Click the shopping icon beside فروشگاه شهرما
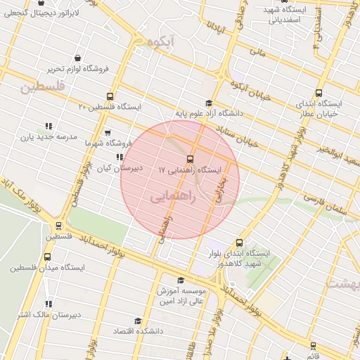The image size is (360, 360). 107,131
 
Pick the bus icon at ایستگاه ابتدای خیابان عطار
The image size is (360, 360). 319,93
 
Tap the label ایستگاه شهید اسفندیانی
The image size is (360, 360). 275,15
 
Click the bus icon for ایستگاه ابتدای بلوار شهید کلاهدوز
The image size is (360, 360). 240,243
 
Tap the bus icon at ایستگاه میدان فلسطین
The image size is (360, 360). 48,257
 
